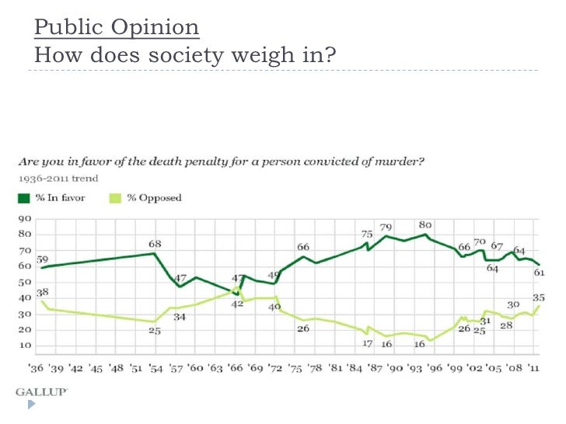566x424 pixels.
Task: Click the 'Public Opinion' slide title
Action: [x=117, y=29]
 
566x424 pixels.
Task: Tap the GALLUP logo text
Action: [x=41, y=392]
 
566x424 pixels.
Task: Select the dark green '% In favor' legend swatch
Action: [x=23, y=198]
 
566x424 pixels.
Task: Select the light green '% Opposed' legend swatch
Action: [x=111, y=198]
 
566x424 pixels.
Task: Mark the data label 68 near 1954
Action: [x=155, y=245]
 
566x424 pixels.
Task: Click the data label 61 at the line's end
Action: [x=538, y=273]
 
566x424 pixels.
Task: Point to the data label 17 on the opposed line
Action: [x=368, y=343]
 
